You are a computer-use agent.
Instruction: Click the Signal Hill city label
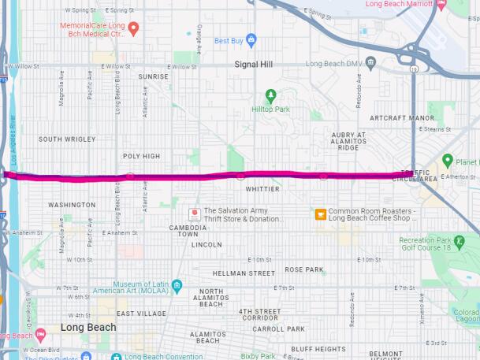[253, 64]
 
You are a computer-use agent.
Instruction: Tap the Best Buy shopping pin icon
[251, 40]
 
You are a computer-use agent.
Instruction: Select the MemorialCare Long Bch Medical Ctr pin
[134, 28]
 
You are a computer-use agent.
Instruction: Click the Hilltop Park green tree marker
[271, 96]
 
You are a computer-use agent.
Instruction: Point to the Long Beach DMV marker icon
[370, 62]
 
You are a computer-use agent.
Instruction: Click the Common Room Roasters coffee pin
[321, 213]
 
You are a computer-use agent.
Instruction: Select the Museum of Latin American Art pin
[177, 285]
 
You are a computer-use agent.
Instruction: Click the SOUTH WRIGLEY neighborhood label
[67, 139]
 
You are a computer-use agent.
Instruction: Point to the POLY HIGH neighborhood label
[142, 156]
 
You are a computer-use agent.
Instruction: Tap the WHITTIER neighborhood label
[262, 190]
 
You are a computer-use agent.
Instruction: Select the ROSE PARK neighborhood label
[304, 269]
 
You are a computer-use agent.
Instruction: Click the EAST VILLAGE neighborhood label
[141, 314]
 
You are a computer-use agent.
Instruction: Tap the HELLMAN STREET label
[244, 273]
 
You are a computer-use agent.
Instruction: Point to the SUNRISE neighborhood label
[154, 76]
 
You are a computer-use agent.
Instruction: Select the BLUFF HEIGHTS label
[318, 349]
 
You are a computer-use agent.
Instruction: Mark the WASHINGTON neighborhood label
[72, 205]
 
